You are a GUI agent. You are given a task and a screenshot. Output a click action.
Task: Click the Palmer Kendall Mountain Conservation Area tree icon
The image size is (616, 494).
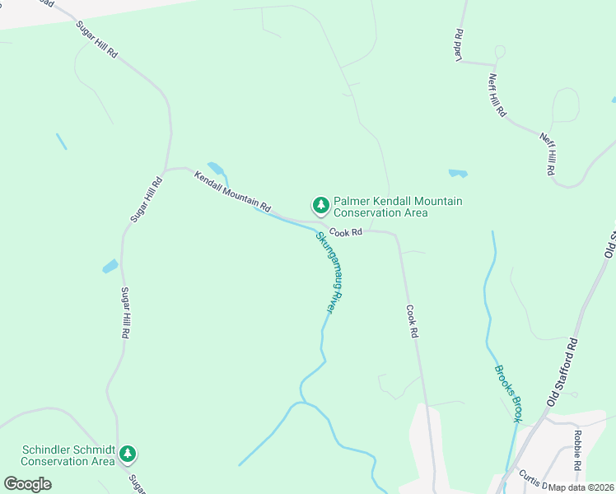tap(320, 204)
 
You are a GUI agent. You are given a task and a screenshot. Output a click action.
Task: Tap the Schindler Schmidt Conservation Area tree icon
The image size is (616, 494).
tap(128, 453)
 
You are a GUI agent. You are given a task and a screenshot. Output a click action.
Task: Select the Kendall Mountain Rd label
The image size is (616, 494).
tap(232, 189)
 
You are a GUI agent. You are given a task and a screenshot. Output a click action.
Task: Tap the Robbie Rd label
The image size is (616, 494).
tap(579, 448)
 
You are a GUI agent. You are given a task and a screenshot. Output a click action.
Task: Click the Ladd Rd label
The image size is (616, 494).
tap(459, 46)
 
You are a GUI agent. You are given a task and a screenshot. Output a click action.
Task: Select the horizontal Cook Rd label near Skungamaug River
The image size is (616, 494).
tap(347, 233)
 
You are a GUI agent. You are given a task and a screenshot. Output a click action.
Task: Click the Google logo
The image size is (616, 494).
tap(28, 484)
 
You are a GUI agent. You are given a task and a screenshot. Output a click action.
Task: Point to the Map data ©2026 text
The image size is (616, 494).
tap(581, 487)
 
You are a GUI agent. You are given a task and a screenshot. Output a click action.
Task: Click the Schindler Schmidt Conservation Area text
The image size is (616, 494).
tap(68, 455)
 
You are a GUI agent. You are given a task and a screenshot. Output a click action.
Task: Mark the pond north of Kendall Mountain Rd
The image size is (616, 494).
tap(217, 169)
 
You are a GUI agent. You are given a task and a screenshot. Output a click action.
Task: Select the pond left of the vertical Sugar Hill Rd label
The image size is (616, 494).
tap(110, 266)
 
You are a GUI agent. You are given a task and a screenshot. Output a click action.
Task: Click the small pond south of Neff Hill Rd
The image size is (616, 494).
tap(458, 173)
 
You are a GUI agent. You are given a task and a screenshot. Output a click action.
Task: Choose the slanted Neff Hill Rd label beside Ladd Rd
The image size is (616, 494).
tap(497, 96)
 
